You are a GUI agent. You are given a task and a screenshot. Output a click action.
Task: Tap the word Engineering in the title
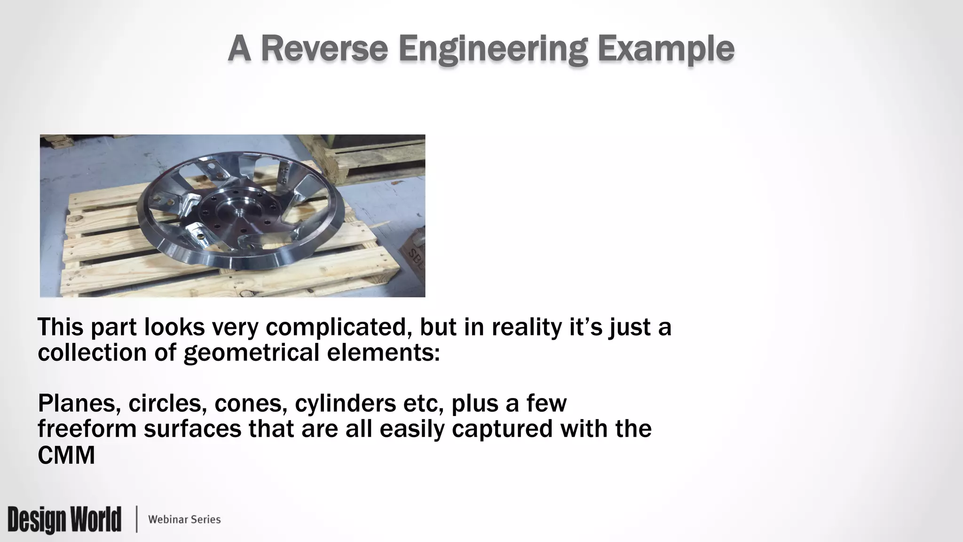[493, 49]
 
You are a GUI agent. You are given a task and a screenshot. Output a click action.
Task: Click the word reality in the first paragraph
[527, 328]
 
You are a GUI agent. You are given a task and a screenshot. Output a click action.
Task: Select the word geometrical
[252, 352]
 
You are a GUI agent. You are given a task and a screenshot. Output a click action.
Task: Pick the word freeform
[87, 429]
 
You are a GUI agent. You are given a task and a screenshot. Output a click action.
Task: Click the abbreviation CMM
[66, 455]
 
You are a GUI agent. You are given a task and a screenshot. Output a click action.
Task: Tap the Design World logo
[64, 519]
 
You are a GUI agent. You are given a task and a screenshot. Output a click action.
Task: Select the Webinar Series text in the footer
[184, 519]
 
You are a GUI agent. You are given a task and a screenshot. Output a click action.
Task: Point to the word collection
[92, 352]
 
